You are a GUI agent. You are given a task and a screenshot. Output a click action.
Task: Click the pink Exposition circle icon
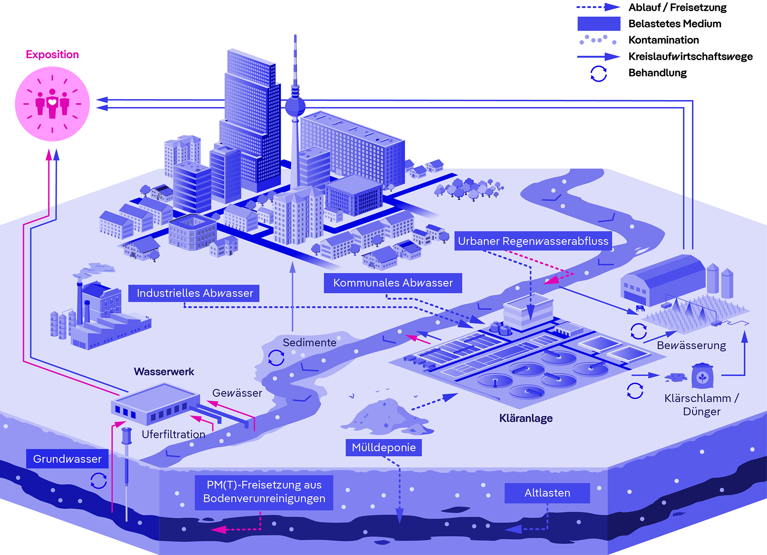[x=52, y=104]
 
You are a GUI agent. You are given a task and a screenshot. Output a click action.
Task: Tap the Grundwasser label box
[x=67, y=459]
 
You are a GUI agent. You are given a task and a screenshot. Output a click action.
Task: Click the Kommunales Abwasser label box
[x=393, y=283]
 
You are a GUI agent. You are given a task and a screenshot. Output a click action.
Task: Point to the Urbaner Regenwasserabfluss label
[x=533, y=241]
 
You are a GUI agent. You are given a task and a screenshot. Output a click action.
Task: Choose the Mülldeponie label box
[x=383, y=448]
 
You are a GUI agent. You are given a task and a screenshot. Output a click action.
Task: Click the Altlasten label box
[x=547, y=493]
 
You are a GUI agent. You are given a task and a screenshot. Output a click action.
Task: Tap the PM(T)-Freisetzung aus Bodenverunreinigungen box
[x=264, y=492]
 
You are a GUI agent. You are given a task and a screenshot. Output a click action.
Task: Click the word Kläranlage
[x=526, y=418]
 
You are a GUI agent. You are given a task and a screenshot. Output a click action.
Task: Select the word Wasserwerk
[x=164, y=372]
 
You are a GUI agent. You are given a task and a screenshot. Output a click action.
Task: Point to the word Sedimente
[x=309, y=343]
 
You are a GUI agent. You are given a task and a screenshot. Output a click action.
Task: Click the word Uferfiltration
[x=173, y=434]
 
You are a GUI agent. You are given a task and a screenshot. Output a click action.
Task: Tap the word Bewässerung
[x=691, y=346]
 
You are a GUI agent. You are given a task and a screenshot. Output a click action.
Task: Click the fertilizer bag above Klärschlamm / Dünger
[x=702, y=376]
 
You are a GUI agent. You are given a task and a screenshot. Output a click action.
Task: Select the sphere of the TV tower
[x=295, y=106]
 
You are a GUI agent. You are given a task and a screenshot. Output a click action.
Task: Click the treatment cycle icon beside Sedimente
[x=276, y=358]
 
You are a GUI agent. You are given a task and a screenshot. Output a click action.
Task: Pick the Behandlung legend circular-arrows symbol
[x=598, y=73]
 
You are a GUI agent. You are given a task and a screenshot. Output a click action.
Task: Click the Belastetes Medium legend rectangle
[x=599, y=24]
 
